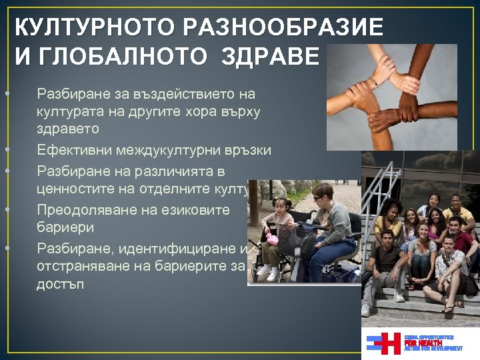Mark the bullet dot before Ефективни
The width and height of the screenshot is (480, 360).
click(x=5, y=151)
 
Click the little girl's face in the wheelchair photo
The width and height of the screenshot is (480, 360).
click(x=281, y=205)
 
